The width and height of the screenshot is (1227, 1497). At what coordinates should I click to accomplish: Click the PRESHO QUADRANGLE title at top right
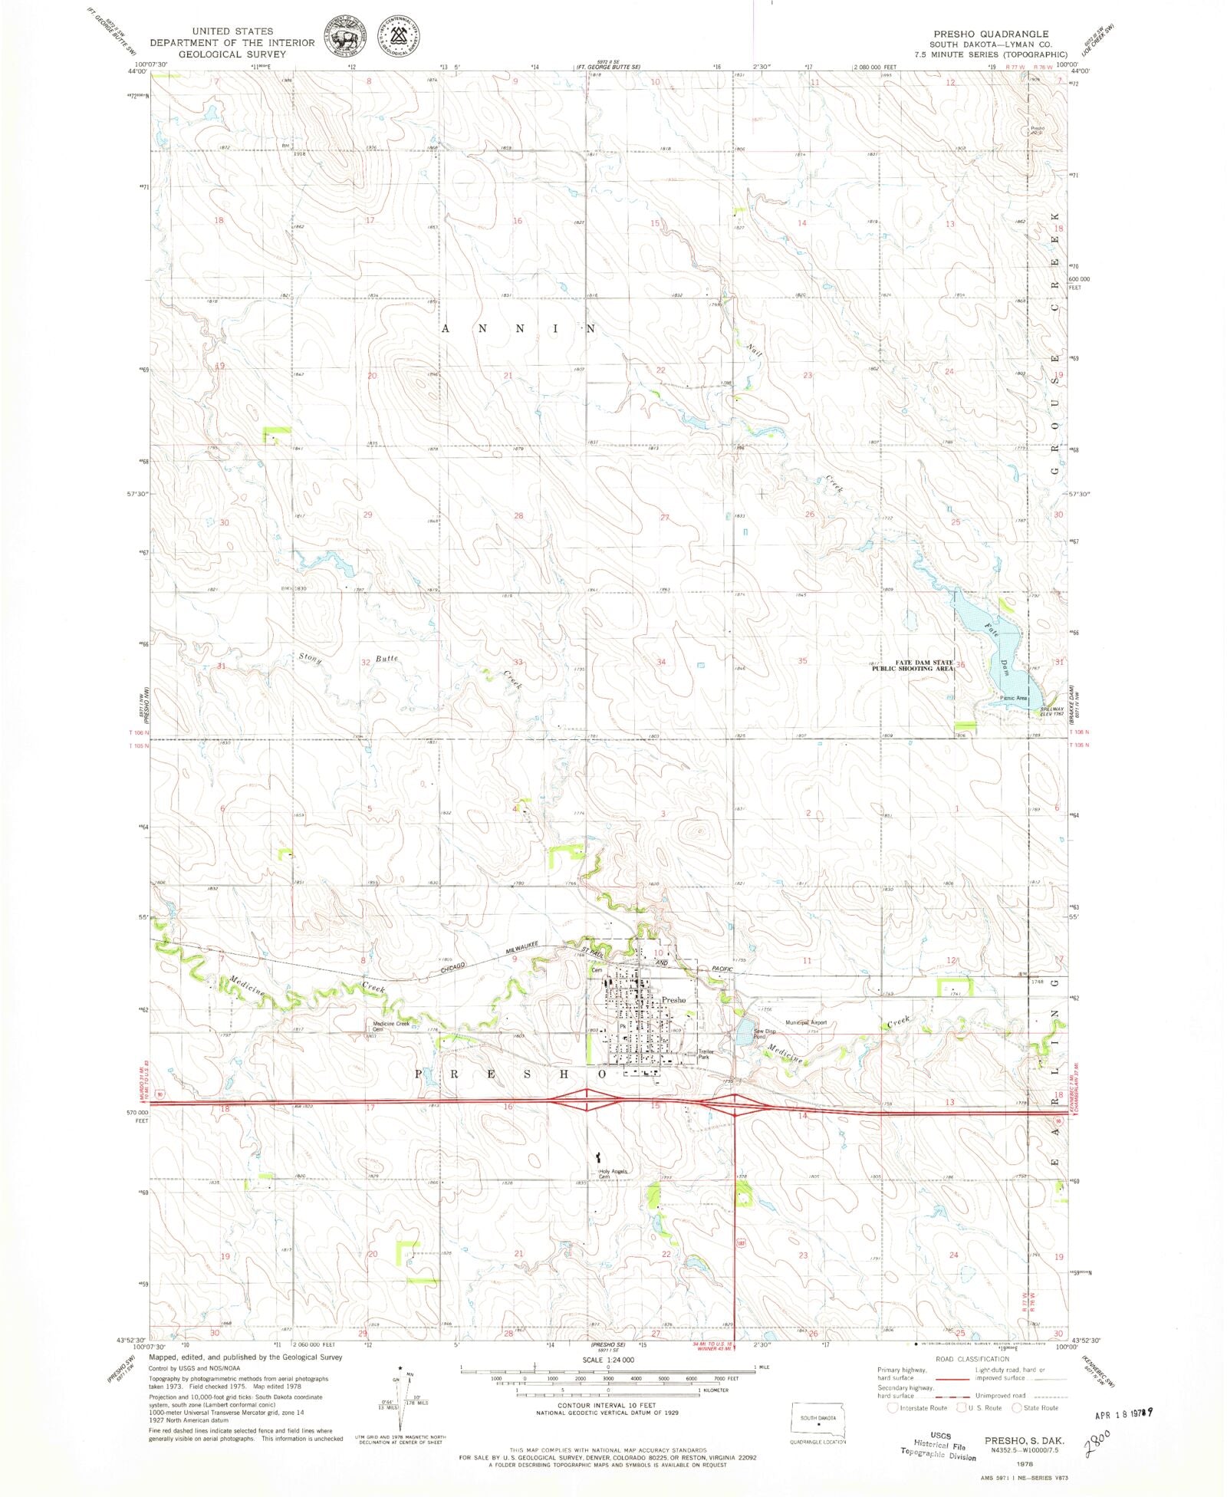[990, 34]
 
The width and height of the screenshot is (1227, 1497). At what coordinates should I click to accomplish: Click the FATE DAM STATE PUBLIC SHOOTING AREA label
[913, 665]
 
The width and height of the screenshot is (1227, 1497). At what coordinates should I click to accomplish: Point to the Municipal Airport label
[805, 1023]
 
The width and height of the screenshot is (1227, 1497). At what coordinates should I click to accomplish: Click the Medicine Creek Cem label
[391, 1026]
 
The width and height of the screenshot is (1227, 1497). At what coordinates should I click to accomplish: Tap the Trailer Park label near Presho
[704, 1054]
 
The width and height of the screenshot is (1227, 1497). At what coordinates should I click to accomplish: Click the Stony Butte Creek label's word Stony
[310, 658]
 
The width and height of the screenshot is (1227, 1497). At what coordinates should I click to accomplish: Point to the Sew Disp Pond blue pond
[742, 1033]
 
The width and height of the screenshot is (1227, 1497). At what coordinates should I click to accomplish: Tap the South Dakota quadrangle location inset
[818, 1423]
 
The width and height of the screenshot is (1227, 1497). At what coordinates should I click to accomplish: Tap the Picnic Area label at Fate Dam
[1013, 698]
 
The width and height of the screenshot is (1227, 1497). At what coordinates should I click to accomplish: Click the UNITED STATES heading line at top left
[232, 31]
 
